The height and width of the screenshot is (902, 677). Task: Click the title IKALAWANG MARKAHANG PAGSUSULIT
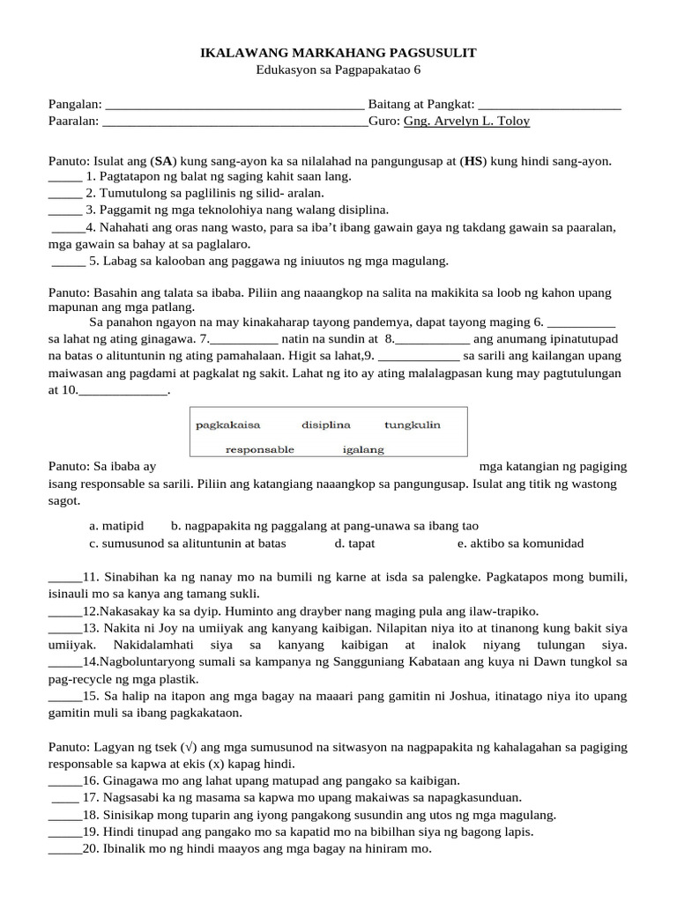pyautogui.click(x=338, y=54)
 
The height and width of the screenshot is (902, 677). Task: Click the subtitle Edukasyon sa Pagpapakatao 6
pyautogui.click(x=338, y=70)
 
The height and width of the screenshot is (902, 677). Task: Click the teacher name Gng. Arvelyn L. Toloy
pyautogui.click(x=466, y=122)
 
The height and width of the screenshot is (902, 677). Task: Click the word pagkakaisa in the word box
pyautogui.click(x=227, y=425)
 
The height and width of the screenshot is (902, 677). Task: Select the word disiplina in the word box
pyautogui.click(x=326, y=425)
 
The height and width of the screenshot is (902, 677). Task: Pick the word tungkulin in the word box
pyautogui.click(x=412, y=425)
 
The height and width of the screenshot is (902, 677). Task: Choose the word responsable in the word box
pyautogui.click(x=259, y=449)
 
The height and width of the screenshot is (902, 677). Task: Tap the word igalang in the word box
pyautogui.click(x=363, y=449)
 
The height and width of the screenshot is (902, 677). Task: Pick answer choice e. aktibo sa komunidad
pyautogui.click(x=520, y=543)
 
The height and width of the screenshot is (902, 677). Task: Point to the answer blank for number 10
pyautogui.click(x=123, y=392)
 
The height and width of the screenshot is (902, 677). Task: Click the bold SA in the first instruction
pyautogui.click(x=163, y=161)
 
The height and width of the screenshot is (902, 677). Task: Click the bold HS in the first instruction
pyautogui.click(x=473, y=161)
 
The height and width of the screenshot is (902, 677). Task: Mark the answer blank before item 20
pyautogui.click(x=64, y=850)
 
